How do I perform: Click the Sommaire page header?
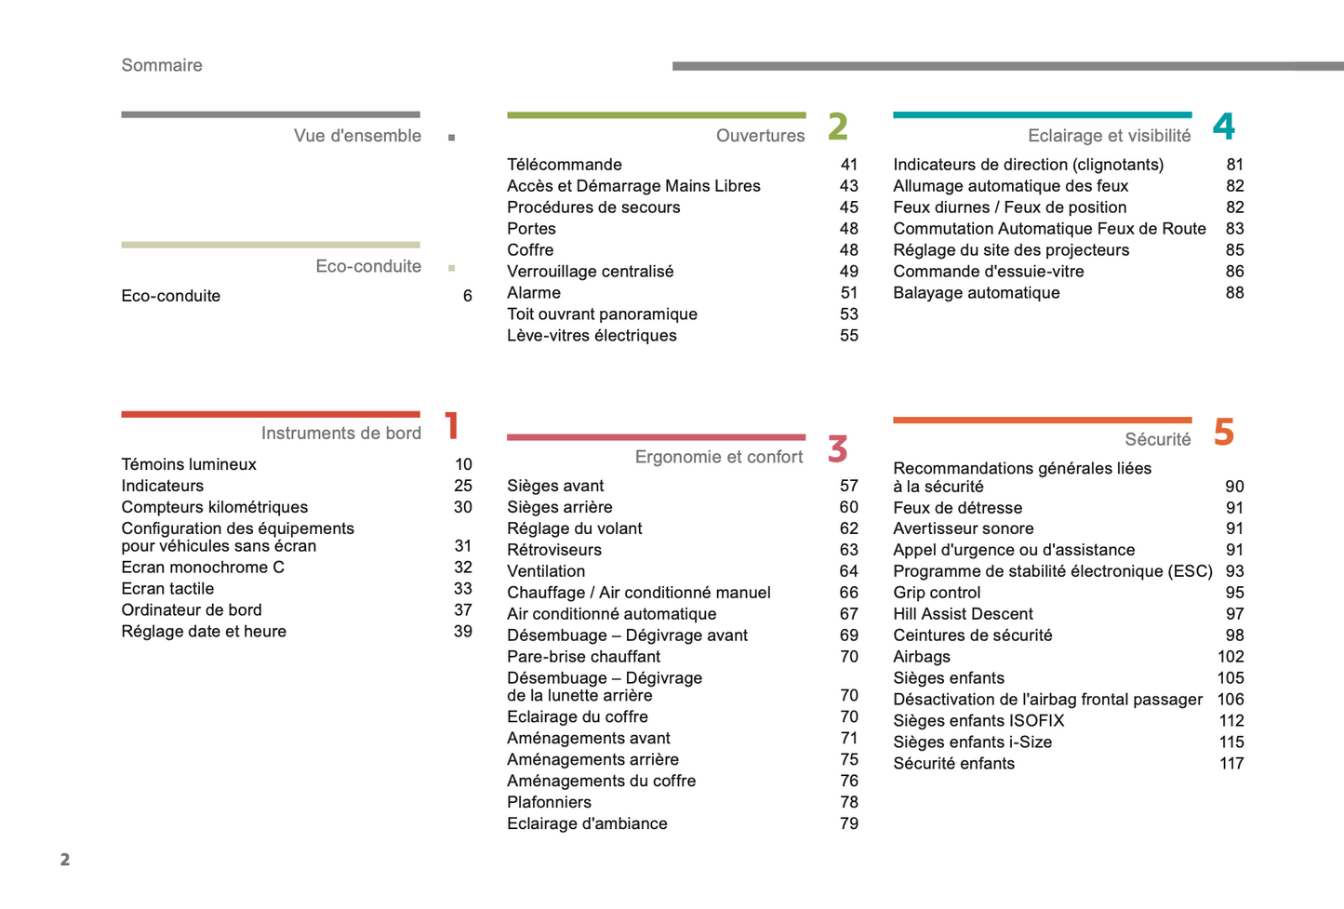162,65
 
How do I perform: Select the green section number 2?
838,127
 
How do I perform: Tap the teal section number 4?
1224,127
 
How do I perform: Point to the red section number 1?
452,426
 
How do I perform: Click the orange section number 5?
1224,432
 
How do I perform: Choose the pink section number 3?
838,449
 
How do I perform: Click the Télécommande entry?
565,165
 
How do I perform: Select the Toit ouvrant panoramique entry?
602,314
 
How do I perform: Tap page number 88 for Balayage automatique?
1234,293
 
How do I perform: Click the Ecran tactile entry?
167,589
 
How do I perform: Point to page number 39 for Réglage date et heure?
463,632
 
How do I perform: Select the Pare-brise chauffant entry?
583,657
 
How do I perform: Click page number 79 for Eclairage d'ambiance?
849,823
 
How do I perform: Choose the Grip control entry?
937,593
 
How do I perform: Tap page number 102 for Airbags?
1231,657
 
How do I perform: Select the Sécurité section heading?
1157,439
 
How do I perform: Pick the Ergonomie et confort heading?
719,457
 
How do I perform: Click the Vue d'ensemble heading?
357,136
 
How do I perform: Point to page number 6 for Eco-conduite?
468,296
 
